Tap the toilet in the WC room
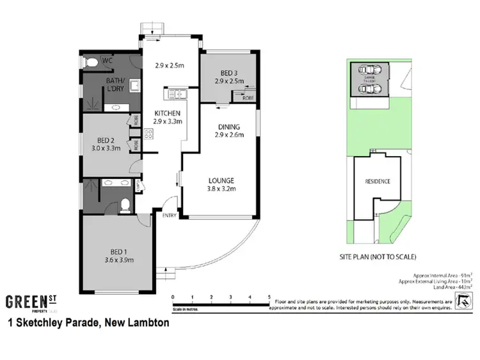pos(92,62)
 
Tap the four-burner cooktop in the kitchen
pos(148,134)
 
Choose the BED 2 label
pos(105,140)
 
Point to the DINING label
pos(228,127)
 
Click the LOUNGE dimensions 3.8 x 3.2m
pos(220,189)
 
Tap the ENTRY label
pos(169,215)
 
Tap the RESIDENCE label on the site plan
pos(378,182)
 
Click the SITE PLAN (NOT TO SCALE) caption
pos(378,257)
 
